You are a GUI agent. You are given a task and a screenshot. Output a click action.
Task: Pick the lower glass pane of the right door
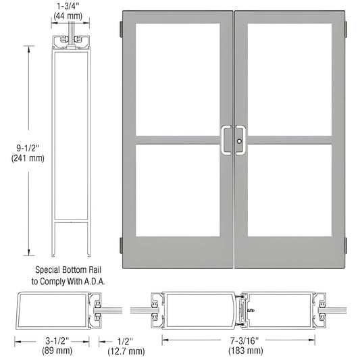click(x=289, y=190)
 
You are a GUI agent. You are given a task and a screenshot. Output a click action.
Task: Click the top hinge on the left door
click(x=120, y=28)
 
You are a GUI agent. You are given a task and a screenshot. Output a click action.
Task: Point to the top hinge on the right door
click(x=346, y=28)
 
